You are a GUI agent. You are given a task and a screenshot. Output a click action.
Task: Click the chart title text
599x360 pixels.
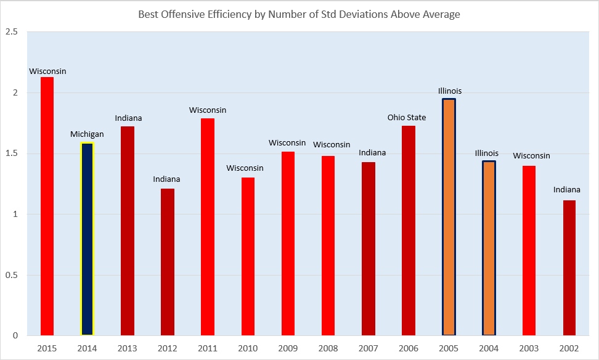coord(299,14)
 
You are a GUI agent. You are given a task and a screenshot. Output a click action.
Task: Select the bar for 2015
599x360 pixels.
coord(47,207)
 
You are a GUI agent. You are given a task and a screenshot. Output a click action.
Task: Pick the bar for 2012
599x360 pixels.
coord(168,262)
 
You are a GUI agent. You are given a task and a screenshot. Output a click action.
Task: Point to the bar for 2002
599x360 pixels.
coord(569,268)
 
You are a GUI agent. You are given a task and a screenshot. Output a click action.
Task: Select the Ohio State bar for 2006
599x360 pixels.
coord(409,231)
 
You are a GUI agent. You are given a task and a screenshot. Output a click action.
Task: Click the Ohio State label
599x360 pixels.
coord(407,118)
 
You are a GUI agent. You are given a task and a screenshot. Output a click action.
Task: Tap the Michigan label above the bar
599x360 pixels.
coord(87,134)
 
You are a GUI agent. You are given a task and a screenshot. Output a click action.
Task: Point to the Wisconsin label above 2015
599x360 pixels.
coord(47,72)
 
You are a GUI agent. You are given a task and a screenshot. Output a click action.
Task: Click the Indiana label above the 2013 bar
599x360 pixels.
coord(128,118)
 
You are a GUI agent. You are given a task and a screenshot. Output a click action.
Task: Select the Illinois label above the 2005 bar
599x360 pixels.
coord(449,91)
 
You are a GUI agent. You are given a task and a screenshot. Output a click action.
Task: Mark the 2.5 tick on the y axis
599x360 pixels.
coord(10,32)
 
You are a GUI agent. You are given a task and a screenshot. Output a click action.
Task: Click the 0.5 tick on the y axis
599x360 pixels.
coord(10,276)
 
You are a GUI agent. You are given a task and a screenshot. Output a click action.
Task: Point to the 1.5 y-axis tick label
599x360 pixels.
coord(10,154)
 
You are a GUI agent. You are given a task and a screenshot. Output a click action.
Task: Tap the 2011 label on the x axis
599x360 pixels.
coord(208,348)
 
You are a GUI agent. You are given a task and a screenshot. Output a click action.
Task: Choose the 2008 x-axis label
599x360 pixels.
coord(328,348)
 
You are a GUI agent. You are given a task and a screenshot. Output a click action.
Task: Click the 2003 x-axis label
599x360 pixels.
coord(529,348)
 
